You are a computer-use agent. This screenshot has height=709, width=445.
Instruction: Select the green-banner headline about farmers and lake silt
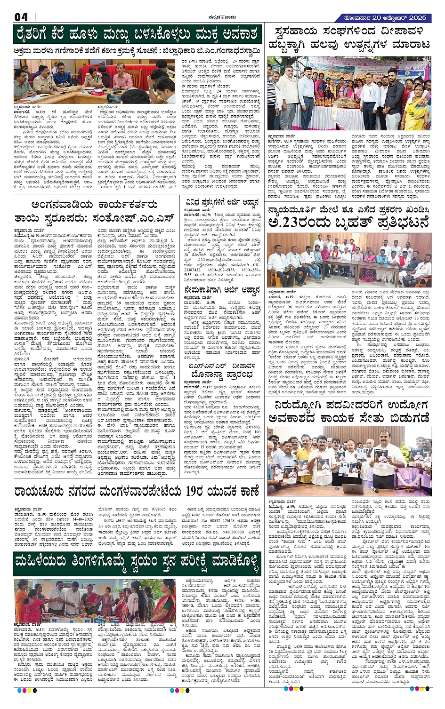(138, 34)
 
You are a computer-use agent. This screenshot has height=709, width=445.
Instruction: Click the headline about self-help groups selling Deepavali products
(349, 38)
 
